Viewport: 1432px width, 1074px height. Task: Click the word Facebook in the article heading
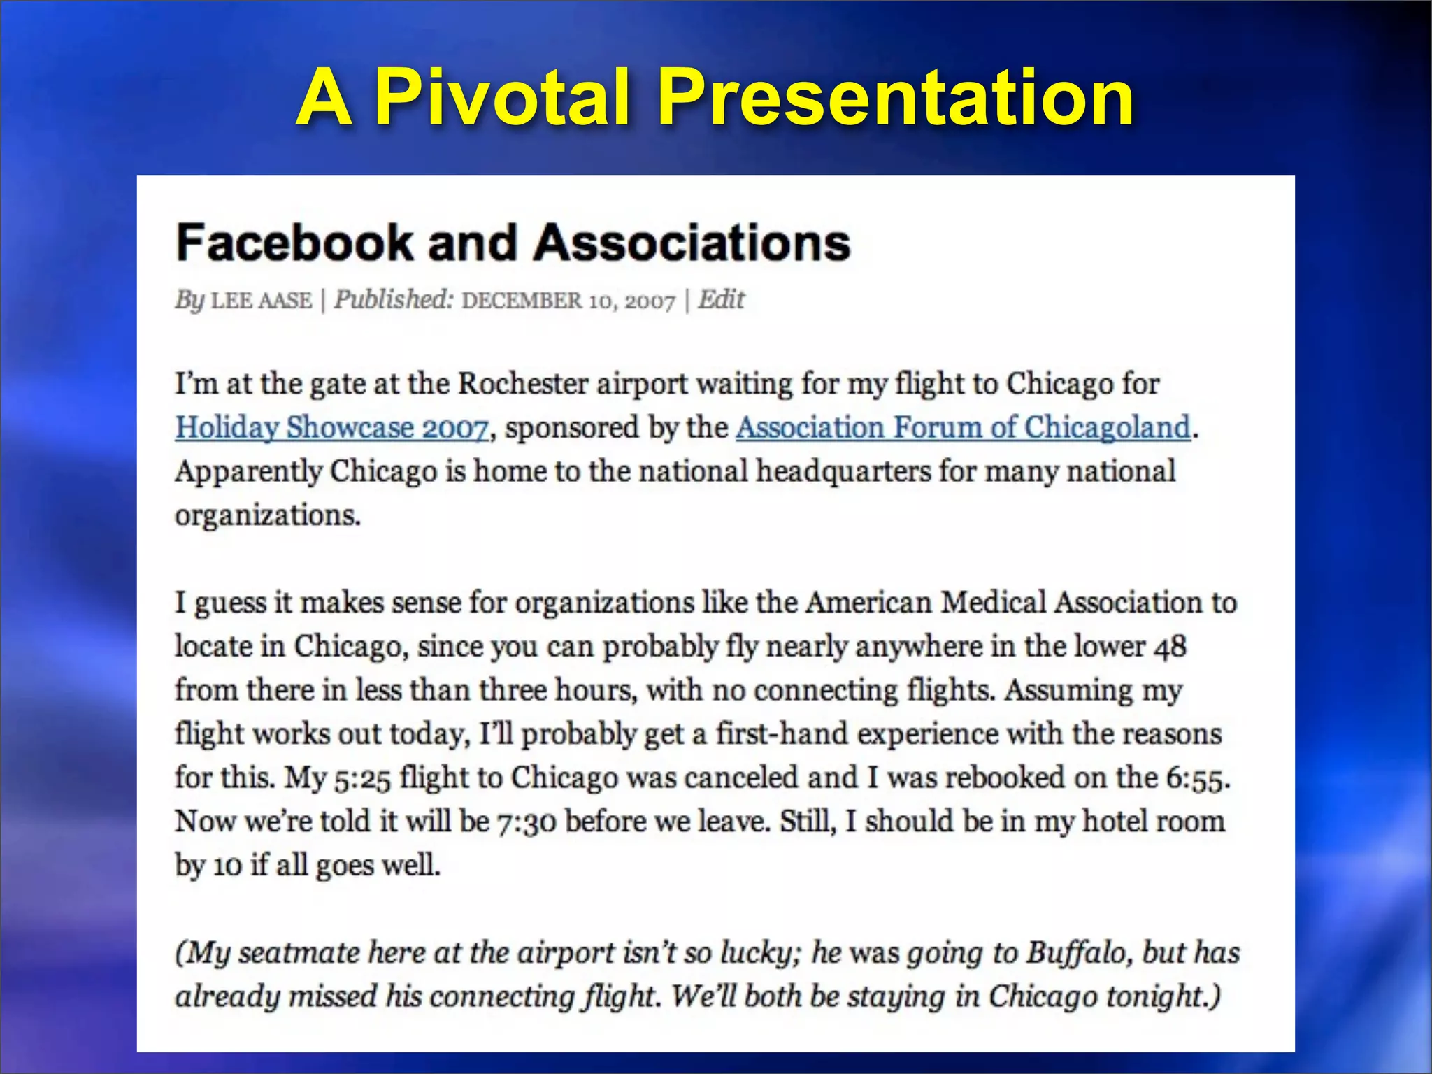[294, 243]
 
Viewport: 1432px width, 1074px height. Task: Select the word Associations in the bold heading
[692, 243]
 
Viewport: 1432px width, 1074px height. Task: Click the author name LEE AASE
[262, 301]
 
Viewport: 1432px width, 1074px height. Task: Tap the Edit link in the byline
[722, 300]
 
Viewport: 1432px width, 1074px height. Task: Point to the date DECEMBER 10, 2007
[568, 301]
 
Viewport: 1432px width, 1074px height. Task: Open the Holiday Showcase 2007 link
[331, 427]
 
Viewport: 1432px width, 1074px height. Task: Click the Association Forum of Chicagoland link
[963, 427]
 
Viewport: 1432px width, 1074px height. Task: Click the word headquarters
[843, 471]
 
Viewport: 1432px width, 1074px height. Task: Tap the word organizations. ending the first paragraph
[268, 516]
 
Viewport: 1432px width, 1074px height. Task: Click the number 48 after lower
[1170, 647]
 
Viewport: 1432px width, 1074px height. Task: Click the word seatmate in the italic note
[299, 953]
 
